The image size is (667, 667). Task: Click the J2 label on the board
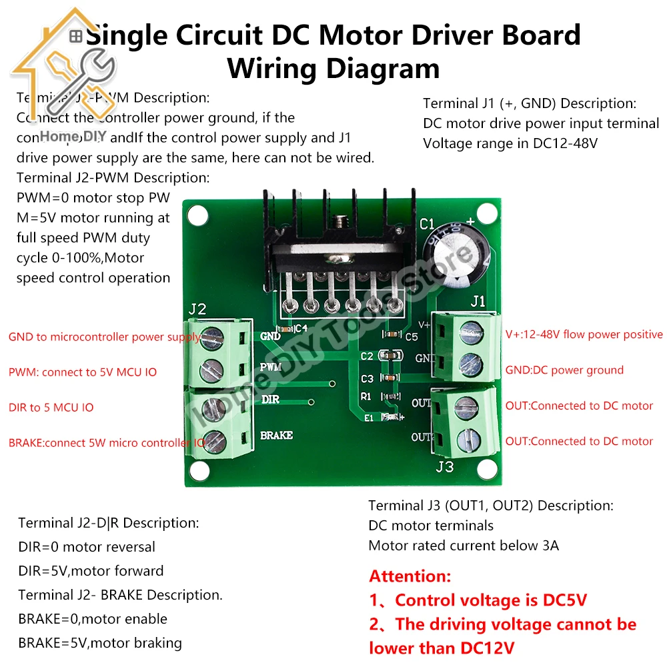(x=197, y=309)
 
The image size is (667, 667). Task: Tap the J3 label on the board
(x=445, y=466)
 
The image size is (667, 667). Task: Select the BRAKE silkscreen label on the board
(x=277, y=436)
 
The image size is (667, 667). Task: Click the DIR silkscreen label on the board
(x=270, y=399)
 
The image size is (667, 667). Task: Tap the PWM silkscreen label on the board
(x=271, y=367)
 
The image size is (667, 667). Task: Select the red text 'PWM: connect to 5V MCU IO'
(x=83, y=372)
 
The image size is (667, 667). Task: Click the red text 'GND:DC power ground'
(x=564, y=370)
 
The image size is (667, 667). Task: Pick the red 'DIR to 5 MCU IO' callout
(x=51, y=408)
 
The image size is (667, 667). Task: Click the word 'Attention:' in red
(x=410, y=576)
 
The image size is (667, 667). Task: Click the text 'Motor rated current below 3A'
(x=464, y=546)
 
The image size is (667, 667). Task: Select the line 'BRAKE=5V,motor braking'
(x=100, y=643)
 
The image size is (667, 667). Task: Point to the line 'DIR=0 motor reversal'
(x=87, y=547)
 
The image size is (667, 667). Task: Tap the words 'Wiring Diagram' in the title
(x=333, y=69)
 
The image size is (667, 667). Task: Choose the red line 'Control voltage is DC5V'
(x=478, y=600)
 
